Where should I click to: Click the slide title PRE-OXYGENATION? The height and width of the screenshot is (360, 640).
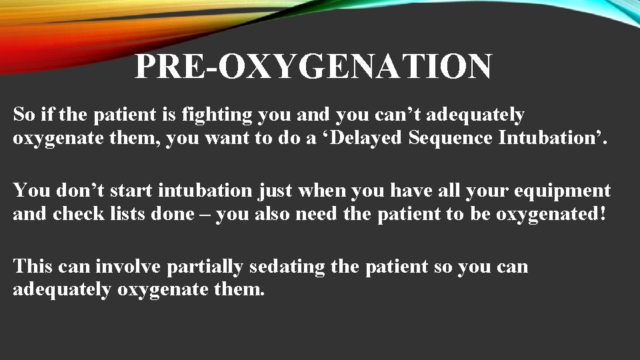click(x=313, y=67)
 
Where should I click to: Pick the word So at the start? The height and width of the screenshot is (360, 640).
click(x=23, y=115)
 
